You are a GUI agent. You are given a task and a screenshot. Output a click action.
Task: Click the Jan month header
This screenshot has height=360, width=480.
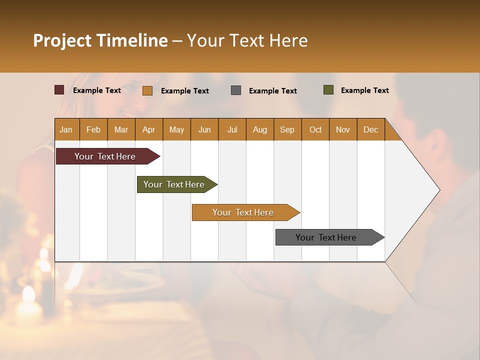[x=66, y=129]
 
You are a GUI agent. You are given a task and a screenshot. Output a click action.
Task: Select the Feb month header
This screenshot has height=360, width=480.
[x=93, y=129]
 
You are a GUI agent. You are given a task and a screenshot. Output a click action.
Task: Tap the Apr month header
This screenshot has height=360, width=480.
[x=148, y=129]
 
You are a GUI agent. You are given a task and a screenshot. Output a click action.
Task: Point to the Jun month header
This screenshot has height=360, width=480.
[x=204, y=129]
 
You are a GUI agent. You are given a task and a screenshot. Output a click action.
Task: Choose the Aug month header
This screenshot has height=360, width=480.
[x=259, y=129]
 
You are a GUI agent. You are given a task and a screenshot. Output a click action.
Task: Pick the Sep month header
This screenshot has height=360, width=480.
[x=287, y=129]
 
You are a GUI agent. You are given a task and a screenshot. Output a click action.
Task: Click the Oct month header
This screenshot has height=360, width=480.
[x=315, y=129]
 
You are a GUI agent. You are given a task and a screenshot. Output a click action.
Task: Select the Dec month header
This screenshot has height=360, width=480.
[x=370, y=129]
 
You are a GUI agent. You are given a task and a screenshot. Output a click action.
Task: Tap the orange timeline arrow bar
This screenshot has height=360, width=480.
[x=243, y=212]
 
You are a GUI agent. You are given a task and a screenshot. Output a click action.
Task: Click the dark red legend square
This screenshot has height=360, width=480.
[x=59, y=90]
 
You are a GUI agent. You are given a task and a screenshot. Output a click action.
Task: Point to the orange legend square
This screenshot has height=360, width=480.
[x=147, y=90]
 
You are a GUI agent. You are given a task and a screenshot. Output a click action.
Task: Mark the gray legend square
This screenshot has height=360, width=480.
[x=236, y=90]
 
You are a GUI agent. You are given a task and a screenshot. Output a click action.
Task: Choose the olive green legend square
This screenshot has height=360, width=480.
[x=328, y=90]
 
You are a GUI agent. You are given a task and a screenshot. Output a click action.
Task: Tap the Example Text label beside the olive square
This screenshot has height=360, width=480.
[x=364, y=90]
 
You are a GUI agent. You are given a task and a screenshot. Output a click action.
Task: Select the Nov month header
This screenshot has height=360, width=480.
[x=343, y=129]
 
